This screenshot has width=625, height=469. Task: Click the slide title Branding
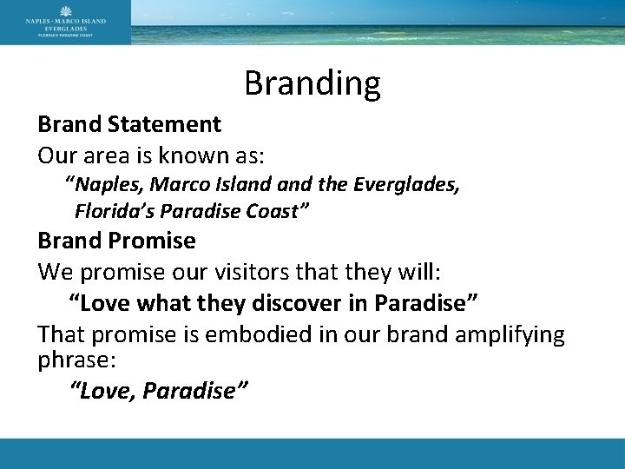[312, 83]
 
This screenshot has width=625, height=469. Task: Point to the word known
[191, 156]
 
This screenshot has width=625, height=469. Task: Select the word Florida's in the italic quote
[111, 210]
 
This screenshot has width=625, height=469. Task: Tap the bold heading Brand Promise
[116, 240]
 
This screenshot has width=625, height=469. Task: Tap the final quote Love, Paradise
[159, 391]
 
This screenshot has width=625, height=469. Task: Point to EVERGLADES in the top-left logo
[65, 27]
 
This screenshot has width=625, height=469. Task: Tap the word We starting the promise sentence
[54, 272]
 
